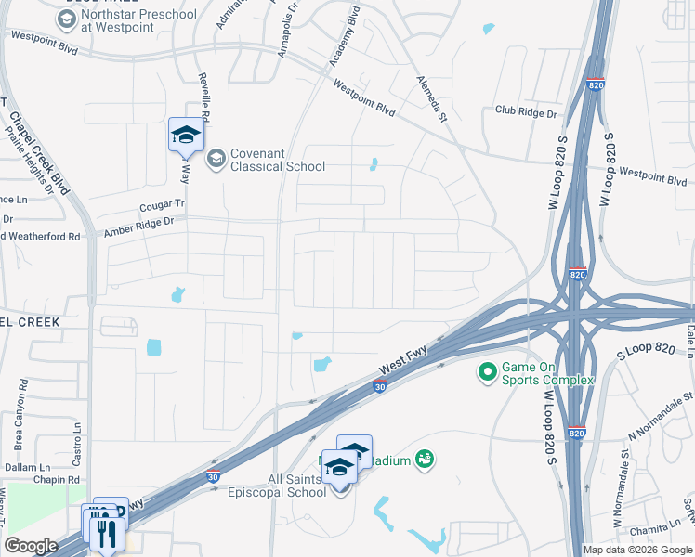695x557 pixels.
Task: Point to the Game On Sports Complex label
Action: point(547,373)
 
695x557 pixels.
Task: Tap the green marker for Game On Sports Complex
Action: point(486,373)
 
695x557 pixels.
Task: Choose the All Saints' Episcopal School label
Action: point(277,486)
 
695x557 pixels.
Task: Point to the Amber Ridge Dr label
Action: point(139,223)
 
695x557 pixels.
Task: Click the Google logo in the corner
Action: point(31,546)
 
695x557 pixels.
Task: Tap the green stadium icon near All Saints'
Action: point(426,459)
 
